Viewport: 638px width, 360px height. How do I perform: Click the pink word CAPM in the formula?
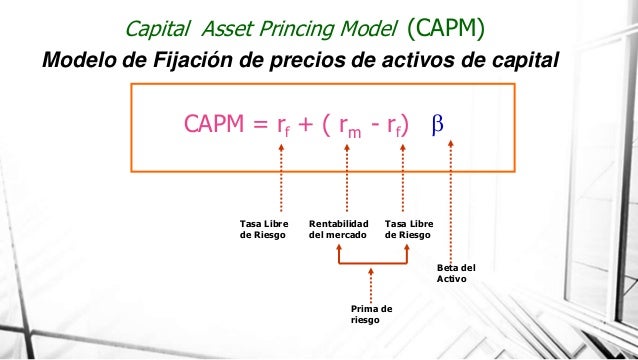click(x=212, y=125)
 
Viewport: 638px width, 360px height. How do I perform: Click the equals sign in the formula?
click(x=260, y=126)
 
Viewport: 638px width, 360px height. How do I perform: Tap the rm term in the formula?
click(x=349, y=127)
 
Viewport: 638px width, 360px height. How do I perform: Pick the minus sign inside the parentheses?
click(x=379, y=126)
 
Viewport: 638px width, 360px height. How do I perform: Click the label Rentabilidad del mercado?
click(x=339, y=229)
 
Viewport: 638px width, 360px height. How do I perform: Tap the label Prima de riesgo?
click(x=371, y=315)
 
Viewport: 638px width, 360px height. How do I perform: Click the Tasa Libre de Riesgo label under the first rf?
click(x=263, y=229)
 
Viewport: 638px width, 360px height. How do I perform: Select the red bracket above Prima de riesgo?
click(x=373, y=262)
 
